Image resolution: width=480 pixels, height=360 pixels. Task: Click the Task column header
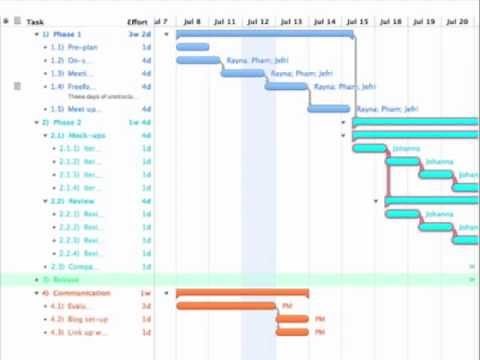coord(36,21)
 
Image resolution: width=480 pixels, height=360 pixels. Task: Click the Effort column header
coord(138,21)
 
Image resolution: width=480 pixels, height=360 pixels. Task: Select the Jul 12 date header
coord(257,21)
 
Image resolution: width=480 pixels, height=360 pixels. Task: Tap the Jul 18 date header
coord(391,21)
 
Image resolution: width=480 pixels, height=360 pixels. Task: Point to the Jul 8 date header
coord(192,21)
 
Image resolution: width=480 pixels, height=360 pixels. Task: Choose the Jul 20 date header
coord(457,21)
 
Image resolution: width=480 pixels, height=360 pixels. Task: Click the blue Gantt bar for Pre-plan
coord(192,47)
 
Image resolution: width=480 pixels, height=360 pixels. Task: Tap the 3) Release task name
coord(61,280)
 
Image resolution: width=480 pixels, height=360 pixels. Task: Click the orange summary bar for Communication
coord(242,293)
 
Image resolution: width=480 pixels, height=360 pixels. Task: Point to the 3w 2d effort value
coord(140,34)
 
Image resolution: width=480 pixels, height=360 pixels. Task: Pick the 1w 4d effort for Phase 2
coord(140,122)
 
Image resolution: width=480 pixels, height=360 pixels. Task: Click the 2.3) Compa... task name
coord(78,267)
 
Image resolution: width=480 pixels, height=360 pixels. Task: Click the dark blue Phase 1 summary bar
coord(265,33)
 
